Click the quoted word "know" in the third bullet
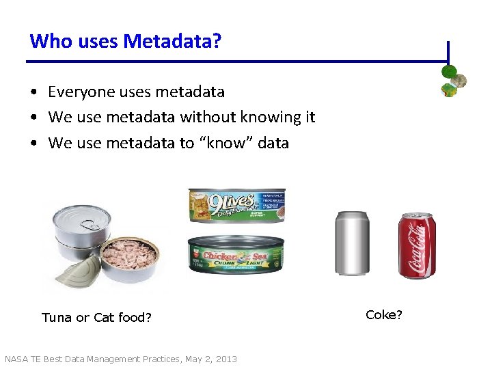[228, 143]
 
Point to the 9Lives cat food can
[236, 206]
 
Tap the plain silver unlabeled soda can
[351, 243]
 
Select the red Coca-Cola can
[417, 245]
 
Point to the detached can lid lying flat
[77, 276]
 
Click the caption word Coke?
[384, 314]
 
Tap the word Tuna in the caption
[57, 317]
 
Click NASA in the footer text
[16, 359]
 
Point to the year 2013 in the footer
[225, 359]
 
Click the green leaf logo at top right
[453, 80]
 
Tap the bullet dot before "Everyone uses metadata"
[33, 92]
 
